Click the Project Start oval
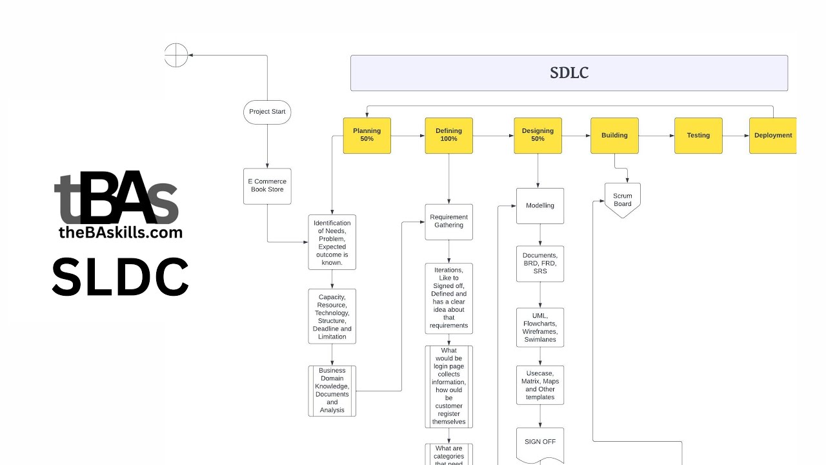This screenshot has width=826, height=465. pos(267,112)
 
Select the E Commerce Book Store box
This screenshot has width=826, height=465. pos(267,186)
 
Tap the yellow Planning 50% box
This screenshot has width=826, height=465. pos(367,136)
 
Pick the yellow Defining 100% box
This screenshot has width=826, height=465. pos(448,136)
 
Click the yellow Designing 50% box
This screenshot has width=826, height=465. pos(538,136)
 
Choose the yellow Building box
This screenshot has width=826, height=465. pos(614,136)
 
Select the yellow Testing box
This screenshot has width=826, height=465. pos(698,136)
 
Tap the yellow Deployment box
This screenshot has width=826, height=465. pos(773,136)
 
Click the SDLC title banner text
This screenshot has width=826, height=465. pos(569,73)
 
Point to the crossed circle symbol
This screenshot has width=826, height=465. pos(176,56)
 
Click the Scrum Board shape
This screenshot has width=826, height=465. pos(623,200)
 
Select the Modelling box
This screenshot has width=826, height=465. pos(540,206)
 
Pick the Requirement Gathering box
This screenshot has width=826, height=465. pos(448,222)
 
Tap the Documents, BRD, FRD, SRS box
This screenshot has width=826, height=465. pos(540,263)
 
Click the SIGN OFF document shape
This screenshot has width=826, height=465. pos(540,445)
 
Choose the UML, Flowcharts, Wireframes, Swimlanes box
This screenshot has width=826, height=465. pos(540,327)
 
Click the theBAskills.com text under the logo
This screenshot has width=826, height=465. pos(121,233)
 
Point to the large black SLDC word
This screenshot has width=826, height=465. pos(120,277)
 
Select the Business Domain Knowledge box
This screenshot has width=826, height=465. pos(332,391)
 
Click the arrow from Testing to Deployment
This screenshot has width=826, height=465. pos(736,136)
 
